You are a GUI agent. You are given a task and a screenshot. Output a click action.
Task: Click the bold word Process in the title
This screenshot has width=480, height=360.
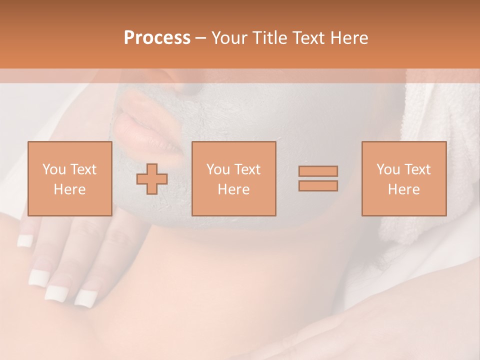(x=157, y=38)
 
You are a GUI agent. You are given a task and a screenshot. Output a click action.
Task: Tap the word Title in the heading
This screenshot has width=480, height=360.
(x=268, y=38)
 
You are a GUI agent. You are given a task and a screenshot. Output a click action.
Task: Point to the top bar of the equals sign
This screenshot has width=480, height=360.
(x=318, y=171)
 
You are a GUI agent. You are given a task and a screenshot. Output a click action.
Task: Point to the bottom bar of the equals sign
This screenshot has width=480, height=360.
(x=318, y=186)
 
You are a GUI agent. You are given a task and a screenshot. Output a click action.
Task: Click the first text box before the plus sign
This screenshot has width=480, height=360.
(x=69, y=179)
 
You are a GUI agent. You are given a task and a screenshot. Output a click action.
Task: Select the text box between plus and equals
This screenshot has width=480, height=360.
(x=233, y=179)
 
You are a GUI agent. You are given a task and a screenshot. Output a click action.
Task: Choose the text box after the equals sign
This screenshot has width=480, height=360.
(x=403, y=179)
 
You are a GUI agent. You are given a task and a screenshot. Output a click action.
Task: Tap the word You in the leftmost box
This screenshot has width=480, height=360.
(x=54, y=169)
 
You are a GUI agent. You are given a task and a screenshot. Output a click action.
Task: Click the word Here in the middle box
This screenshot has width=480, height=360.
(x=233, y=189)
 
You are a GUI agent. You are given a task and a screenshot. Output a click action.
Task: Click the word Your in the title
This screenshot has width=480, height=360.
(x=230, y=38)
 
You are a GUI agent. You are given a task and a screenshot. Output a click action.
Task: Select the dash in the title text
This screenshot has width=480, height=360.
(x=200, y=38)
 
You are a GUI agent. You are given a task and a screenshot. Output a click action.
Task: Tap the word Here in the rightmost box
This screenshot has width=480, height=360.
(x=403, y=189)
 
